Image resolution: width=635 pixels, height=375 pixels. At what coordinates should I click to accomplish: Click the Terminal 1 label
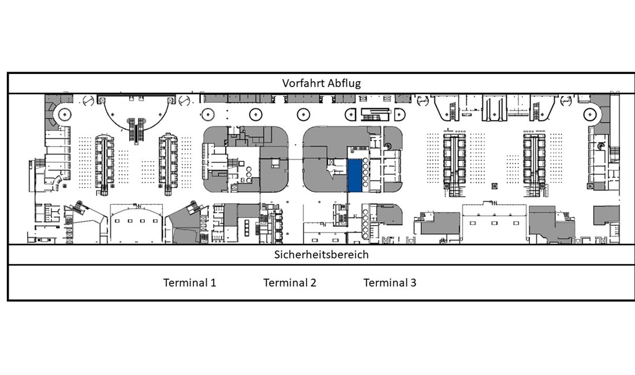[x=189, y=282]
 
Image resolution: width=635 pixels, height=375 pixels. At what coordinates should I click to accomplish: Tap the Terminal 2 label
[x=290, y=282]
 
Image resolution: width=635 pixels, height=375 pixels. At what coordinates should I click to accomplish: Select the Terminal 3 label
[x=390, y=282]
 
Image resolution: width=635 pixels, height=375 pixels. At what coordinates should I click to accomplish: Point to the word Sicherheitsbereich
[x=322, y=254]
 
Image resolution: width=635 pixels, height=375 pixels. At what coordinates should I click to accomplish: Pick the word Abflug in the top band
[x=344, y=83]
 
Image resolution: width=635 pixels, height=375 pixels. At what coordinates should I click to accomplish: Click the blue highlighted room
[x=355, y=175]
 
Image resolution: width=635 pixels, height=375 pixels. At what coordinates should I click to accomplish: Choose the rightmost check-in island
[x=534, y=164]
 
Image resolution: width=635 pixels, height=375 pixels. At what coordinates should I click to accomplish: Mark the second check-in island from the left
[x=168, y=162]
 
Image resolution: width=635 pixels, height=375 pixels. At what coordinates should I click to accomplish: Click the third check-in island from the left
[x=454, y=164]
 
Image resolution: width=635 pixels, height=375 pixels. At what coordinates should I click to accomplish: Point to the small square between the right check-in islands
[x=494, y=186]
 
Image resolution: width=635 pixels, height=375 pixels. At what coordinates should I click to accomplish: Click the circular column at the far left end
[x=65, y=114]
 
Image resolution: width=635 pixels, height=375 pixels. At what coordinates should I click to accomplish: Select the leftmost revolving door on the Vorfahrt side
[x=88, y=100]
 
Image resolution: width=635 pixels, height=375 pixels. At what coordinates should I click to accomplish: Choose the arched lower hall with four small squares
[x=136, y=223]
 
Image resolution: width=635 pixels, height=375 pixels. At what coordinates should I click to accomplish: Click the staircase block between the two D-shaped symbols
[x=375, y=114]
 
